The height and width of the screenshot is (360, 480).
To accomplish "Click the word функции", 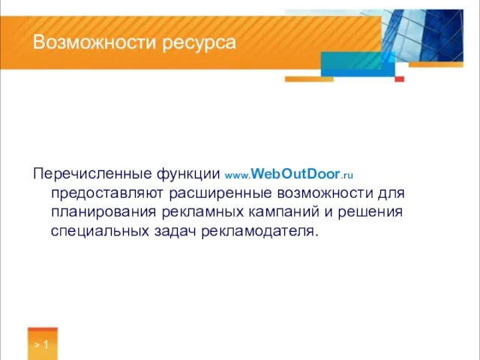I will [x=189, y=175].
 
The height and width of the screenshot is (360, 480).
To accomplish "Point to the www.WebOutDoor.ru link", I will [x=289, y=175].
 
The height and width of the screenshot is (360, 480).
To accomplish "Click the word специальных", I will [x=97, y=231].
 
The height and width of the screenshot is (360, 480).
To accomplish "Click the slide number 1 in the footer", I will [x=46, y=346].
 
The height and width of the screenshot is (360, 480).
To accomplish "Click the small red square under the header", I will [x=400, y=79].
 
